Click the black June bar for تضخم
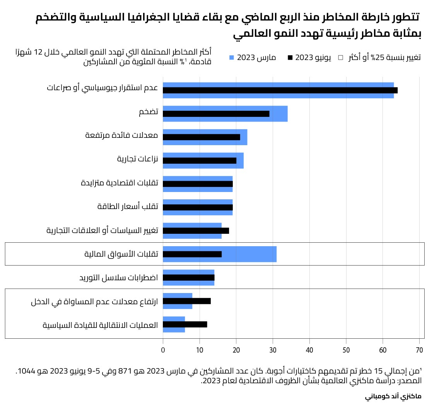coord(216,114)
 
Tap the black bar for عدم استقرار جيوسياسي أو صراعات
coord(280,90)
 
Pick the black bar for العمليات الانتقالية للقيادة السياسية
coord(185,324)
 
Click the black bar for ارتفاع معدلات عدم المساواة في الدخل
coord(186,301)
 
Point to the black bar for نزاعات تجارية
coord(199,161)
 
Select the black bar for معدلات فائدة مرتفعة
coord(201,137)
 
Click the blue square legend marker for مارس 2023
coord(232,58)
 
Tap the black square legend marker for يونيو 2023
coord(290,58)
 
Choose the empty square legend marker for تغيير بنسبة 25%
coord(341,58)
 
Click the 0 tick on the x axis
coord(163,350)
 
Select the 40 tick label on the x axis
coord(309,350)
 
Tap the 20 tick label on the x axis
coord(236,350)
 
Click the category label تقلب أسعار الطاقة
coord(128,207)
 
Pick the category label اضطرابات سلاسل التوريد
coord(119,278)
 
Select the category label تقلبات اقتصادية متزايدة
coord(120,183)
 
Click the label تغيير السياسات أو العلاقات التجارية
coord(102,231)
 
